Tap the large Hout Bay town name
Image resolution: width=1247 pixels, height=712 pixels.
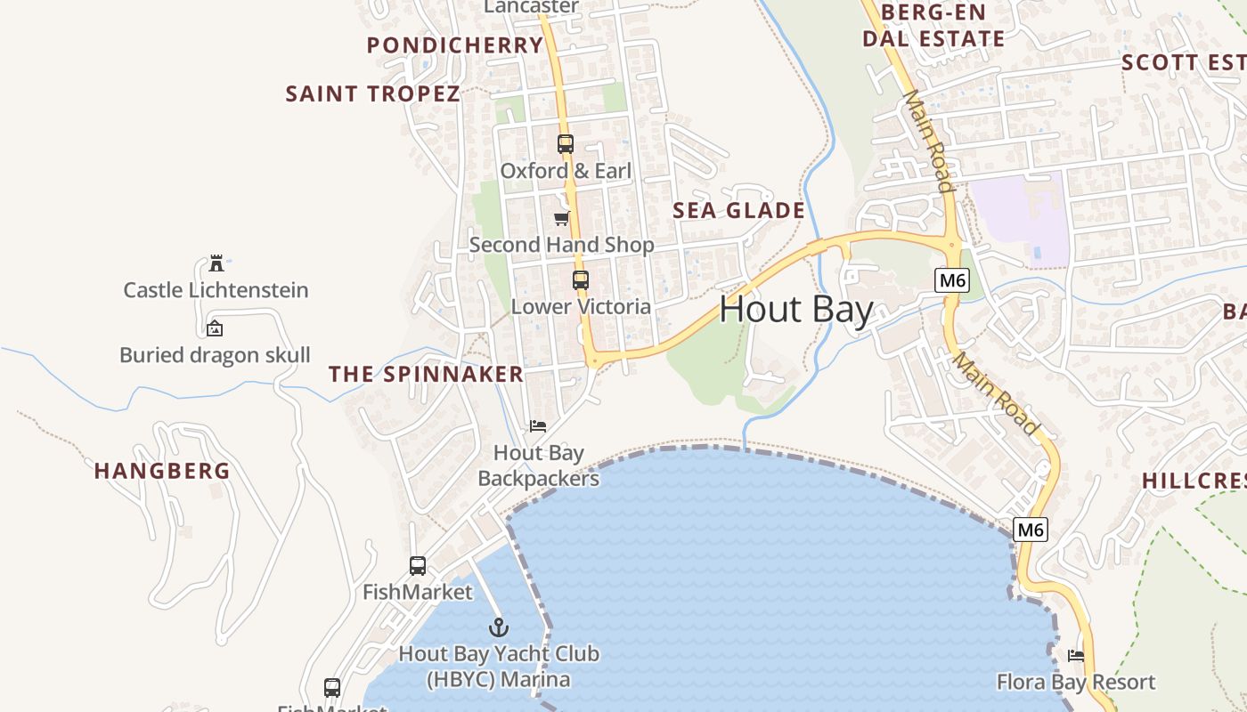pyautogui.click(x=795, y=310)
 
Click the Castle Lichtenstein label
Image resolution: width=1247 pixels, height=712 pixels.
pyautogui.click(x=216, y=290)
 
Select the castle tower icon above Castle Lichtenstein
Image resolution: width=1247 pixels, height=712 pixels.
pyautogui.click(x=216, y=263)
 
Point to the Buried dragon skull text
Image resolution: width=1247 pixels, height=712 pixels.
pyautogui.click(x=215, y=355)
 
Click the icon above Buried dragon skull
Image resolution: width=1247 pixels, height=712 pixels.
pyautogui.click(x=215, y=328)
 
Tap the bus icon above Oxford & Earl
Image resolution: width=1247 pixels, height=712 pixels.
pyautogui.click(x=565, y=143)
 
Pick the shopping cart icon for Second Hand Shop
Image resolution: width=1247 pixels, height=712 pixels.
pyautogui.click(x=561, y=218)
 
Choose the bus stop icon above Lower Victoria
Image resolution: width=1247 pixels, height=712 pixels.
pyautogui.click(x=581, y=280)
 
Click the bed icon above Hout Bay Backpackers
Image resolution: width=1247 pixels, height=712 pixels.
pyautogui.click(x=538, y=426)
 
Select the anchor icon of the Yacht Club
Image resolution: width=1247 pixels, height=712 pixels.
pyautogui.click(x=498, y=627)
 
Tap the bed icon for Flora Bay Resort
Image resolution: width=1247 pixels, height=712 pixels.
pyautogui.click(x=1076, y=656)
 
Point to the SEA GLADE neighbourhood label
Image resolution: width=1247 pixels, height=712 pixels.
pyautogui.click(x=738, y=211)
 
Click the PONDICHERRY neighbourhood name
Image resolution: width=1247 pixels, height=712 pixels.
pyautogui.click(x=455, y=45)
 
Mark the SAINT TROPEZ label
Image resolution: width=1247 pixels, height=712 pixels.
pyautogui.click(x=372, y=93)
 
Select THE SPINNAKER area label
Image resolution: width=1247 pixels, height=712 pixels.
pyautogui.click(x=426, y=374)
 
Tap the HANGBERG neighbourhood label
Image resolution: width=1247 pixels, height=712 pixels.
pyautogui.click(x=162, y=471)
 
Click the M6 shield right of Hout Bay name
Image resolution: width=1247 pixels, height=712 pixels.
pyautogui.click(x=952, y=281)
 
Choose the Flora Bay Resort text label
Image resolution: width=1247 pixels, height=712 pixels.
pyautogui.click(x=1076, y=683)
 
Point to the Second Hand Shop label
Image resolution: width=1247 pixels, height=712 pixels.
pyautogui.click(x=561, y=245)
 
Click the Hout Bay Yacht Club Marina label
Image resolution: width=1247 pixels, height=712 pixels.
pyautogui.click(x=498, y=667)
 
